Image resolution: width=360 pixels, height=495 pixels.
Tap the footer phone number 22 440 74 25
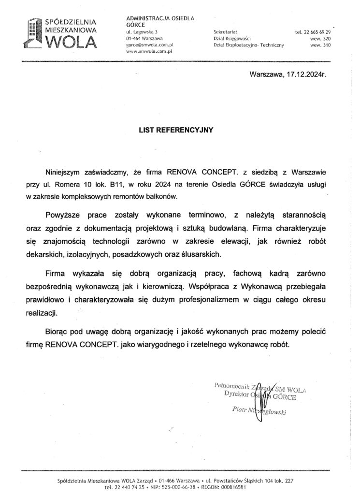(x=126, y=488)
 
